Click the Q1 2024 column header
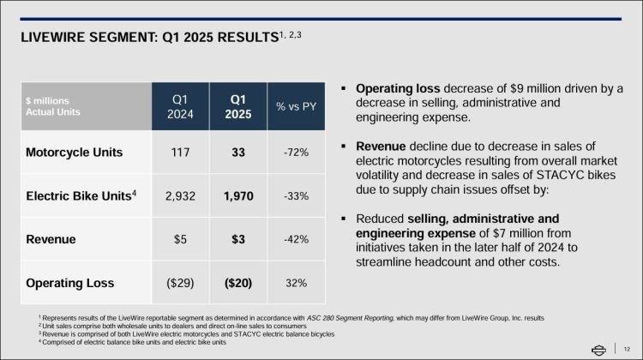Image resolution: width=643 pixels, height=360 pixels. [179, 106]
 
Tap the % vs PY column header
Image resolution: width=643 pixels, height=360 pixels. [296, 106]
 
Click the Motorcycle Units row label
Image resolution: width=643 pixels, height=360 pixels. [74, 153]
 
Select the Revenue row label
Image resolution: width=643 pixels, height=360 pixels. [50, 239]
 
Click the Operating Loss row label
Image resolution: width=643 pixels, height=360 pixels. [69, 282]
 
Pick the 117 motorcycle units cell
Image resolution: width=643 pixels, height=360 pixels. [179, 153]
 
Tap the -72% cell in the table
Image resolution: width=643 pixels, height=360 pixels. [296, 153]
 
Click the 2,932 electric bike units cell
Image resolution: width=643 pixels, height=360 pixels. [179, 195]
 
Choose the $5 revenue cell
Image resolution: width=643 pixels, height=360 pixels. [179, 239]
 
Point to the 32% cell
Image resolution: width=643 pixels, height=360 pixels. [296, 282]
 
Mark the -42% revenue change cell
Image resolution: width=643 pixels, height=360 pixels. [296, 239]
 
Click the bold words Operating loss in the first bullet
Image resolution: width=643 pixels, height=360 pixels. [398, 89]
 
